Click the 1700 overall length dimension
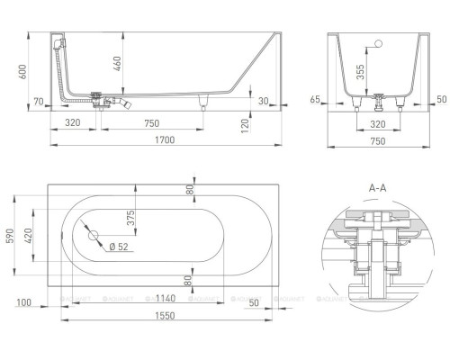tap(163, 140)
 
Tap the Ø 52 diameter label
tap(118, 247)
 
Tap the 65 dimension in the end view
tap(317, 100)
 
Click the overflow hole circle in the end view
tap(379, 42)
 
